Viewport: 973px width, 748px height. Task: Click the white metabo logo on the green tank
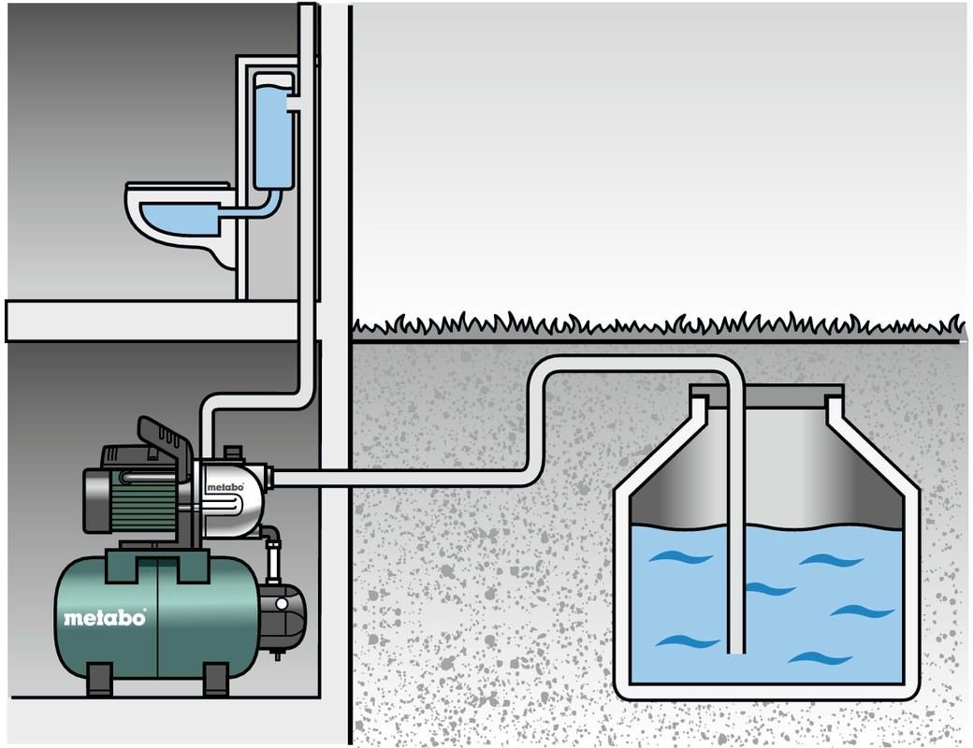pos(105,618)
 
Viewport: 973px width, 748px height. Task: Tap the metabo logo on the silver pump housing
pos(225,487)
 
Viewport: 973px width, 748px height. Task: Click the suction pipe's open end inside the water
pos(736,647)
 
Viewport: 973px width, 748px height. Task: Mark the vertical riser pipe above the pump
pos(307,234)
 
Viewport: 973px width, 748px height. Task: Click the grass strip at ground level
pos(655,325)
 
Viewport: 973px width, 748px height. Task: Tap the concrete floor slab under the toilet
pos(159,320)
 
